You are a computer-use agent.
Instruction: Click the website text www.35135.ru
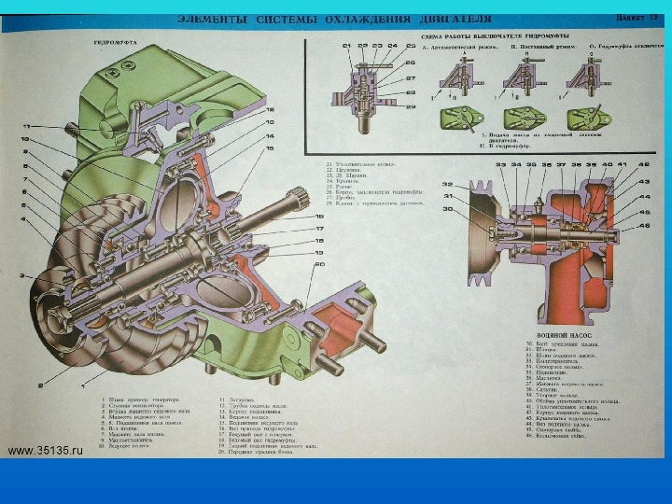[46, 449]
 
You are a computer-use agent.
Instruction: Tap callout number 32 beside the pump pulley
[448, 185]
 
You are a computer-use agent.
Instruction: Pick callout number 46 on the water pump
[644, 224]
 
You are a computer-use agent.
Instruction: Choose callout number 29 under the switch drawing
[410, 106]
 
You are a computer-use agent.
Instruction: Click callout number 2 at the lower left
[39, 385]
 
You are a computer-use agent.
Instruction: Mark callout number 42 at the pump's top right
[644, 165]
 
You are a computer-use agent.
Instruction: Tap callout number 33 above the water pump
[500, 165]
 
